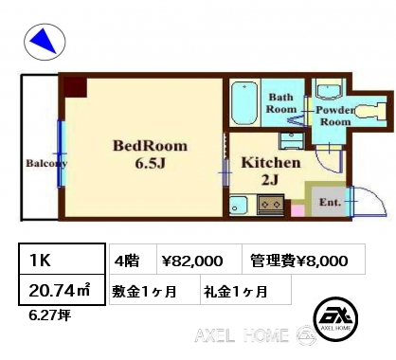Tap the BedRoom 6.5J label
pyautogui.click(x=151, y=154)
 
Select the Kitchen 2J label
pyautogui.click(x=271, y=171)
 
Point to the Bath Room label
pyautogui.click(x=281, y=103)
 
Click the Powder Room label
pyautogui.click(x=335, y=116)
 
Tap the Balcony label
pyautogui.click(x=46, y=163)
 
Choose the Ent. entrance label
pyautogui.click(x=330, y=202)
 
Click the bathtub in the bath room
pyautogui.click(x=243, y=102)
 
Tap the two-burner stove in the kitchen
pyautogui.click(x=270, y=205)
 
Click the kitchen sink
pyautogui.click(x=238, y=206)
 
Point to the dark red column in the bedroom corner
pyautogui.click(x=75, y=87)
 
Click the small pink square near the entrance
pyautogui.click(x=297, y=210)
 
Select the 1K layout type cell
pyautogui.click(x=62, y=259)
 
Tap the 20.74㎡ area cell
pyautogui.click(x=62, y=290)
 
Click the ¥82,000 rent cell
pyautogui.click(x=199, y=259)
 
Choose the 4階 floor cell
pyautogui.click(x=134, y=259)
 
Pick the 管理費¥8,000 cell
pyautogui.click(x=304, y=259)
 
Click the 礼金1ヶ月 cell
pyautogui.click(x=245, y=290)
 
